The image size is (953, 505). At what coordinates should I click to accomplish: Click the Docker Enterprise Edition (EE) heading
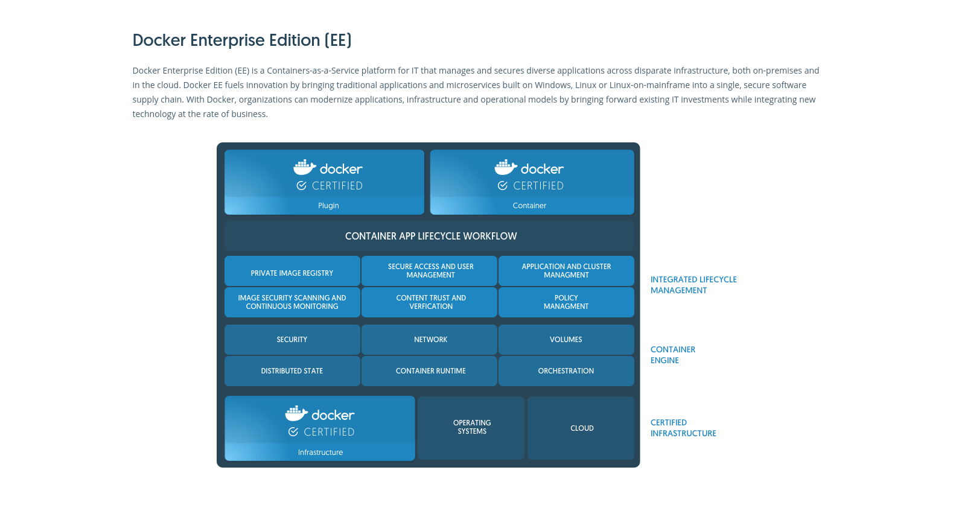pos(241,40)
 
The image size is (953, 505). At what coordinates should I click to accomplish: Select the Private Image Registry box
pos(292,271)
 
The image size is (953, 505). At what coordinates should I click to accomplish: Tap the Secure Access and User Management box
pos(429,271)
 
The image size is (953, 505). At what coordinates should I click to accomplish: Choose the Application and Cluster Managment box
pos(566,271)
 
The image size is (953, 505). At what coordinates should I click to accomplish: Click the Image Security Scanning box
pos(292,302)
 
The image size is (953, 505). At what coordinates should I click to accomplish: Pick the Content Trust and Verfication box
pos(429,302)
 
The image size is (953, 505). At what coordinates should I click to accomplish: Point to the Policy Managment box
pos(566,302)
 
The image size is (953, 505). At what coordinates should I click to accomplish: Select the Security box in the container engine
pos(292,340)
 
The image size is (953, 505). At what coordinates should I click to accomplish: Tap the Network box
pos(429,340)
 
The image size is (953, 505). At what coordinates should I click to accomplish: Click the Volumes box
pos(566,340)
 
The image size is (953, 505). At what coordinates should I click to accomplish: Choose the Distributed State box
pos(292,371)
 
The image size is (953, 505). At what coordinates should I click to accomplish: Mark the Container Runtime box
pos(429,371)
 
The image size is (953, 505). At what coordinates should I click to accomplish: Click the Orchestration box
pos(566,371)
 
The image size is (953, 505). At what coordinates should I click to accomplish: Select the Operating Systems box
pos(471,428)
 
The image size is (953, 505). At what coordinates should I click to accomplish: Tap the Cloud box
pos(581,428)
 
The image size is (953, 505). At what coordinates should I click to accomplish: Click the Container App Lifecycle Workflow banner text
pos(431,236)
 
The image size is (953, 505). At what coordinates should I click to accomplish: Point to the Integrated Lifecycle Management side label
pos(693,285)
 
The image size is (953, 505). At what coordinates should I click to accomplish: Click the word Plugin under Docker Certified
pos(328,206)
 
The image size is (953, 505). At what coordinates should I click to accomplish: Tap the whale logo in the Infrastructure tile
pos(296,413)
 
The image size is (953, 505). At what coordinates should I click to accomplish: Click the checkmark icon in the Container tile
pos(502,185)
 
